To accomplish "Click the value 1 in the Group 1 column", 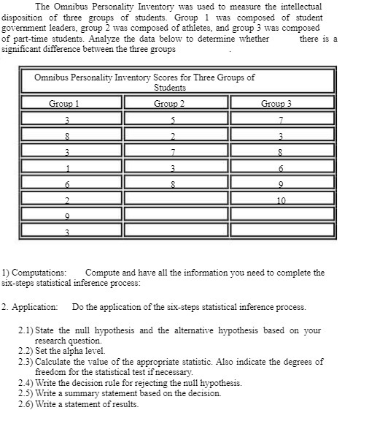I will [66, 167].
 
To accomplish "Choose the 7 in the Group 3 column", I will [281, 120].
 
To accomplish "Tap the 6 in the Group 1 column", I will [66, 183].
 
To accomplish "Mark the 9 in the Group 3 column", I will [281, 183].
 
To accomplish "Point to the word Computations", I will [39, 273].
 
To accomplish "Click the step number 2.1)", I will [27, 330].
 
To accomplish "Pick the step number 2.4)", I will [27, 382].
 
